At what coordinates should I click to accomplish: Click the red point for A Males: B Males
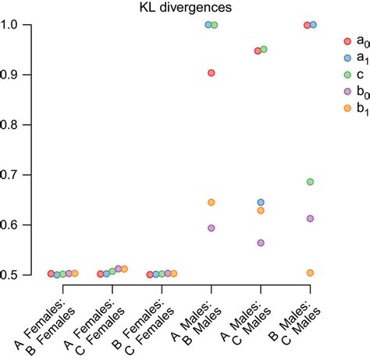pyautogui.click(x=211, y=73)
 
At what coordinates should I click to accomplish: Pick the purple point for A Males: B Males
pyautogui.click(x=211, y=228)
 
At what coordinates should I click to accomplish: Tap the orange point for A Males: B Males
pyautogui.click(x=211, y=202)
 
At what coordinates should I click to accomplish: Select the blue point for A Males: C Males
pyautogui.click(x=261, y=202)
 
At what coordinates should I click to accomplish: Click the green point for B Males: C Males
pyautogui.click(x=310, y=182)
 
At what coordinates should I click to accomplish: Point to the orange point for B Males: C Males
pyautogui.click(x=310, y=273)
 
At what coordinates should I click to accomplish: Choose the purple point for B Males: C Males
pyautogui.click(x=310, y=219)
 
